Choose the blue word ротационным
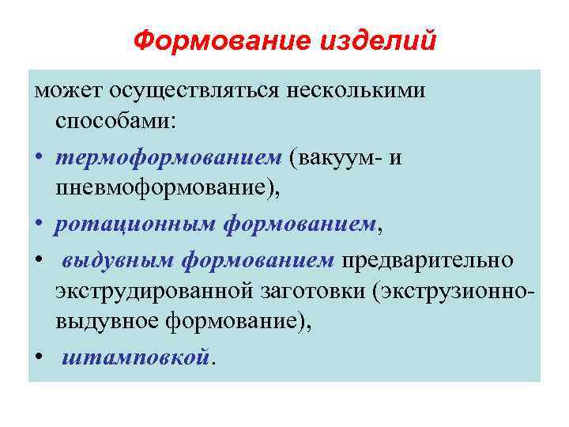click(x=134, y=225)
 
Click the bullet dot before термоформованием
click(x=39, y=157)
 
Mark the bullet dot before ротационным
click(x=39, y=225)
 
